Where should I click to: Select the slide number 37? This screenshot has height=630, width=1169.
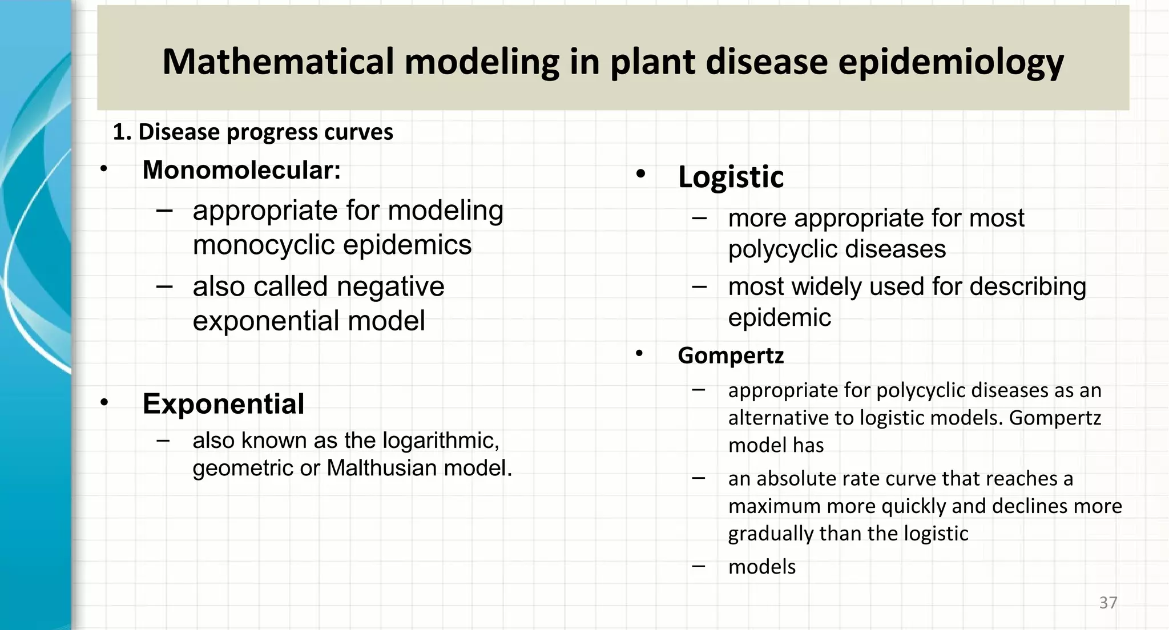pos(1108,603)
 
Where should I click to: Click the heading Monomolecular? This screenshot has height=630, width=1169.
pos(241,169)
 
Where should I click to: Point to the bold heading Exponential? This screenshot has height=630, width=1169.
pos(223,404)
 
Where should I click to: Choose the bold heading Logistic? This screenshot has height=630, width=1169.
pos(731,176)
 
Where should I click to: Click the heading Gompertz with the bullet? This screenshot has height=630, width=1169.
pos(731,356)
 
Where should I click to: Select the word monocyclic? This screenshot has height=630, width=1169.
pos(264,245)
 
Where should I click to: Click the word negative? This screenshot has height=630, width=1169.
pos(390,286)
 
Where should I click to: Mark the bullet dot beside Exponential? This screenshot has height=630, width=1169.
pos(104,402)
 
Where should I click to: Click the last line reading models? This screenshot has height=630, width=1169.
pos(761,567)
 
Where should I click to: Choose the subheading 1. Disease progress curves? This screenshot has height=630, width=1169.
pos(253,132)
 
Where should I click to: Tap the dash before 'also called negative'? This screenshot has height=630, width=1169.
pos(164,285)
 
